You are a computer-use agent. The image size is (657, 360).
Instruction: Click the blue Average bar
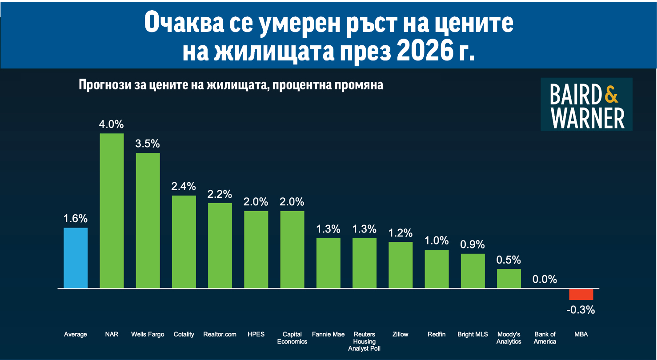click(x=76, y=258)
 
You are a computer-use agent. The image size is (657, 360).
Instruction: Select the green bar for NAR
click(x=112, y=211)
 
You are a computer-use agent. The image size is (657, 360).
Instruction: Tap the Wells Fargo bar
click(x=148, y=220)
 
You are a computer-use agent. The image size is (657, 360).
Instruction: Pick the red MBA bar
click(x=581, y=294)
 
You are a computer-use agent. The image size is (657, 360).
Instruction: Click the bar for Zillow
click(x=401, y=265)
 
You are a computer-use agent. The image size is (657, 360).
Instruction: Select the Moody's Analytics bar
click(x=509, y=279)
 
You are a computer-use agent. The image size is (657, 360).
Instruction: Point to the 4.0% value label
click(x=112, y=124)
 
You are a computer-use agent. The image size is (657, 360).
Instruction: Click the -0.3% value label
click(x=581, y=310)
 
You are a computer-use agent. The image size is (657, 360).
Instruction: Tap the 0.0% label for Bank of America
click(x=545, y=279)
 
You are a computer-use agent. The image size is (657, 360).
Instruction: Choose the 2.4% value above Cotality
click(x=184, y=186)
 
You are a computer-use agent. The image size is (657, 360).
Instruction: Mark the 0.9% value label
click(x=473, y=244)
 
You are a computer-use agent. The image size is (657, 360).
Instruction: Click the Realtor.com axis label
click(x=220, y=334)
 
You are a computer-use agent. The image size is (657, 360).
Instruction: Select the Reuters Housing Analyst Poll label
click(x=365, y=341)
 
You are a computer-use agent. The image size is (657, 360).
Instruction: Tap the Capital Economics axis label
click(x=292, y=338)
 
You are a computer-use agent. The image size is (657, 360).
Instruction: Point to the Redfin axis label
click(x=437, y=334)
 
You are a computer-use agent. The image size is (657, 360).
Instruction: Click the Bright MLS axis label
click(x=473, y=334)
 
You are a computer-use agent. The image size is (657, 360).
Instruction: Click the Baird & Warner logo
click(x=586, y=104)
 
